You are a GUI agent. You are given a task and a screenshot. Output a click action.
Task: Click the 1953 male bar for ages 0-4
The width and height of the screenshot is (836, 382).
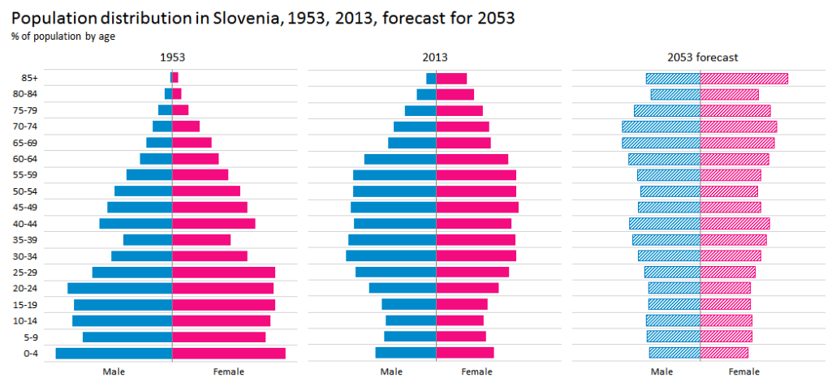(114, 353)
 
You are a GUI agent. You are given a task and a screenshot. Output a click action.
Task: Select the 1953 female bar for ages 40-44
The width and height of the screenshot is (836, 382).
(213, 223)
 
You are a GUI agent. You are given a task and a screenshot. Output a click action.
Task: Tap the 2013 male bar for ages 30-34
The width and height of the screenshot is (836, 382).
(390, 255)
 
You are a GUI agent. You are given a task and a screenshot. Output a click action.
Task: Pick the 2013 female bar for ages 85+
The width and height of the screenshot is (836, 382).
(451, 78)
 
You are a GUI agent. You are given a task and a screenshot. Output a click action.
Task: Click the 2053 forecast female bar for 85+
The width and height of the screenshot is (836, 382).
(743, 78)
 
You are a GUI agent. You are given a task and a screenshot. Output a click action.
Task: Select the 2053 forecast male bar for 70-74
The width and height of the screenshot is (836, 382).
(661, 127)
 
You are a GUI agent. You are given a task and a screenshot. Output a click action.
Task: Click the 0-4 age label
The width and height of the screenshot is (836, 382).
(30, 354)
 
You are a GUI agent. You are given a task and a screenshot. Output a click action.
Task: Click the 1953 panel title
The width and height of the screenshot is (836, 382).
(172, 58)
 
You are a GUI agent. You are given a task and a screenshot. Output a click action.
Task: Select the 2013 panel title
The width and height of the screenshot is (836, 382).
(436, 58)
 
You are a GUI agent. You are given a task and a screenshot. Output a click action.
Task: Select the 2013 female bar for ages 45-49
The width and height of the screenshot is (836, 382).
(477, 208)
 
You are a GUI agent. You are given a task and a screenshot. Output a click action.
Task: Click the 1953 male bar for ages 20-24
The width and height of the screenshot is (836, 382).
(119, 288)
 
